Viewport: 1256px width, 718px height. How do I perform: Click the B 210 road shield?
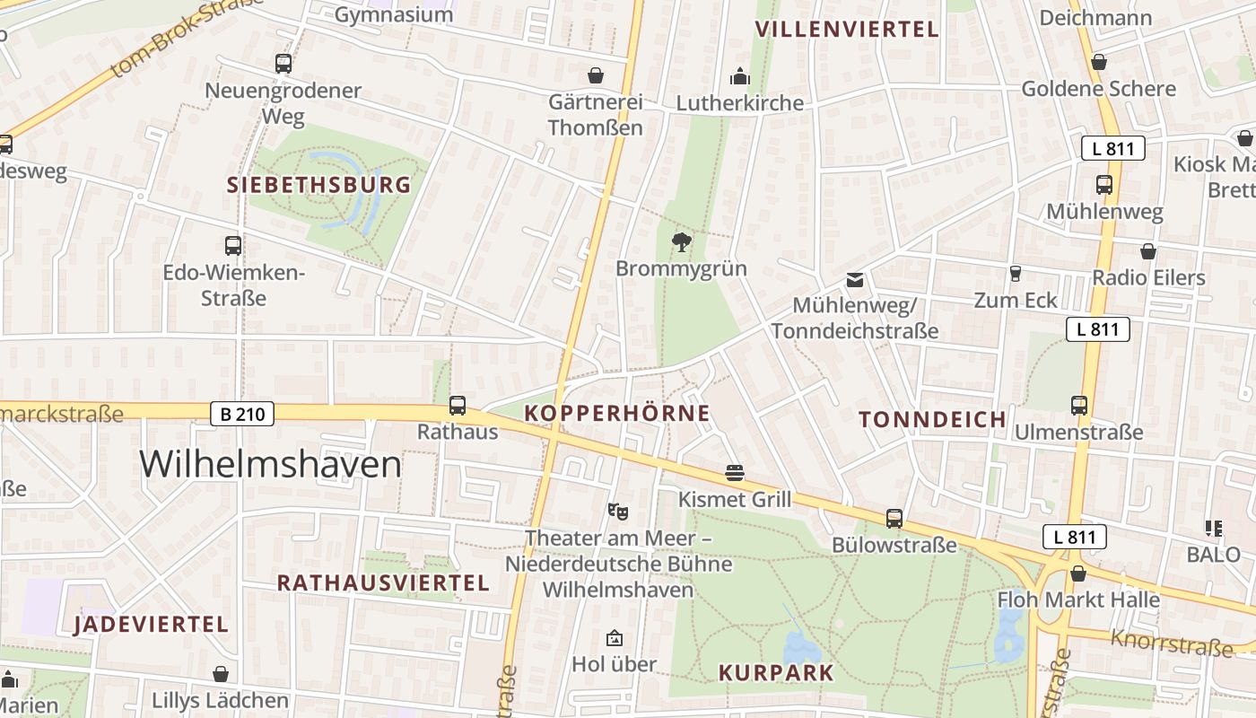tap(242, 414)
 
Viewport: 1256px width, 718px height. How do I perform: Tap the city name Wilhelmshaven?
tap(270, 465)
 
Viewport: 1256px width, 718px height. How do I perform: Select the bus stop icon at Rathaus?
tap(458, 406)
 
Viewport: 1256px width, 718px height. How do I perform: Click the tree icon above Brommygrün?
tap(682, 241)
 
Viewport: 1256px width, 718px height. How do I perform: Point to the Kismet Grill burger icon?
tap(735, 473)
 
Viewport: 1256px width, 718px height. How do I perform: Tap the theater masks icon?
tap(617, 512)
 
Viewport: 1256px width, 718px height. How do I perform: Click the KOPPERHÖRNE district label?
tap(617, 414)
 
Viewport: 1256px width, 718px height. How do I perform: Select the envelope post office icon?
tap(855, 280)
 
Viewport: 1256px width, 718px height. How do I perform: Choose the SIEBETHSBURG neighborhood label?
tap(318, 186)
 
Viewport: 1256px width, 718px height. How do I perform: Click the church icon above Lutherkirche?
tap(740, 75)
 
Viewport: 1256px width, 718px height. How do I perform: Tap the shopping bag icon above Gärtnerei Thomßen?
tap(595, 75)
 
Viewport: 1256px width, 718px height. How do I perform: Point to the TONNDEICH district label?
tap(932, 419)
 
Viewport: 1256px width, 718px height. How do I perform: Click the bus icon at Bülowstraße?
tap(894, 518)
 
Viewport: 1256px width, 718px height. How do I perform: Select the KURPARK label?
tap(776, 672)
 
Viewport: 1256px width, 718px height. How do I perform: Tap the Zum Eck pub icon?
tap(1016, 274)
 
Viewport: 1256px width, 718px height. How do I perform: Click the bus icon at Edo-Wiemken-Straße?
tap(233, 245)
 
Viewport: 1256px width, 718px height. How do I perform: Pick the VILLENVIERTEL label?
tap(846, 30)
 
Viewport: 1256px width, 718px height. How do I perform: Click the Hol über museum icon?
tap(615, 638)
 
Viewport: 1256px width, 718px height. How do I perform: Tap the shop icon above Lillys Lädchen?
tap(221, 674)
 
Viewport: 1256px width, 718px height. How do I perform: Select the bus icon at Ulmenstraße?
tap(1078, 406)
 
